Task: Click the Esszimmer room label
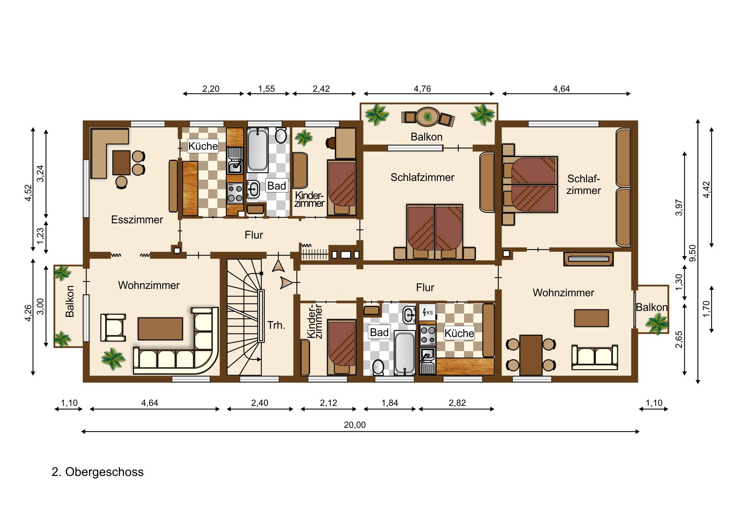137,219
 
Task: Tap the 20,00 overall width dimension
355,425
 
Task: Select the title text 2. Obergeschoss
98,472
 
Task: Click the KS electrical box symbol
427,312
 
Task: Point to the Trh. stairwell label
276,325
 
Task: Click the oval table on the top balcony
428,117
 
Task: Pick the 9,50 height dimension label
693,253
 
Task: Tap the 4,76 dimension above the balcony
422,89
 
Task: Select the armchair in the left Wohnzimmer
113,327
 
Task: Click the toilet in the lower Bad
378,367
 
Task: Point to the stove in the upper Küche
235,193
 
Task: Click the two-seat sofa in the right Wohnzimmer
594,357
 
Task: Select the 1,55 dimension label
266,89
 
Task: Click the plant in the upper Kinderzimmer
304,138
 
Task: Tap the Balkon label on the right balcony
652,307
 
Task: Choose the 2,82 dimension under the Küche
457,403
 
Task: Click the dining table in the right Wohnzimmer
531,355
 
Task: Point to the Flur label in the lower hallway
425,288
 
